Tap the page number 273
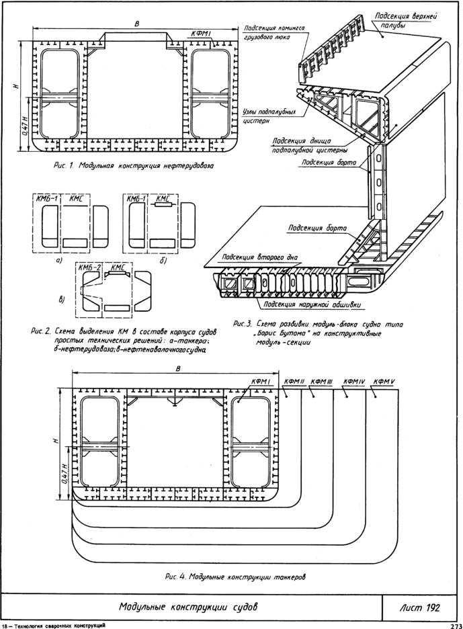pyautogui.click(x=454, y=625)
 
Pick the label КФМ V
pyautogui.click(x=384, y=382)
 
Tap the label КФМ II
pyautogui.click(x=294, y=382)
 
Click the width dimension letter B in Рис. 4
pyautogui.click(x=177, y=368)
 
